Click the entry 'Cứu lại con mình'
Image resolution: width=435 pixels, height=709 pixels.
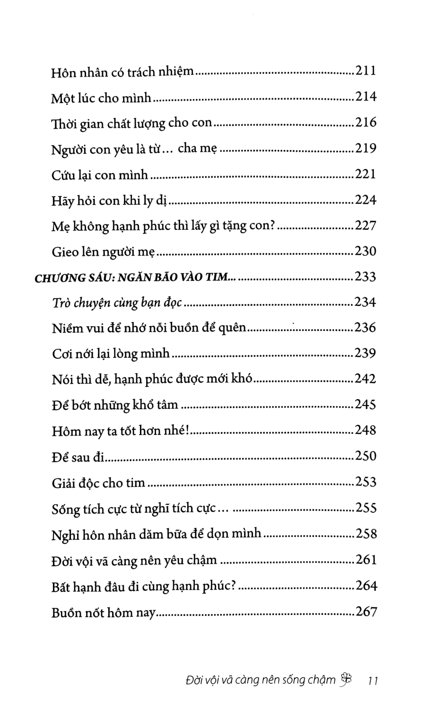[x=100, y=175]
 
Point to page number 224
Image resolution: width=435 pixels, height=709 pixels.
[x=365, y=200]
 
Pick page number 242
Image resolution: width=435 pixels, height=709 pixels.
[x=365, y=379]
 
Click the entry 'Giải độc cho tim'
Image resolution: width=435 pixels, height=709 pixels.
[x=98, y=483]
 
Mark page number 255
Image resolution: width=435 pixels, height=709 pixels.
[x=365, y=508]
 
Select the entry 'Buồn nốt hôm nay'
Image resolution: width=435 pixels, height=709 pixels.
[x=103, y=613]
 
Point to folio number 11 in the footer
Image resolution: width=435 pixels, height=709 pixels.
[x=372, y=681]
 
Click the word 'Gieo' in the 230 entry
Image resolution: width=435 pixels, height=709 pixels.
[x=65, y=252]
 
